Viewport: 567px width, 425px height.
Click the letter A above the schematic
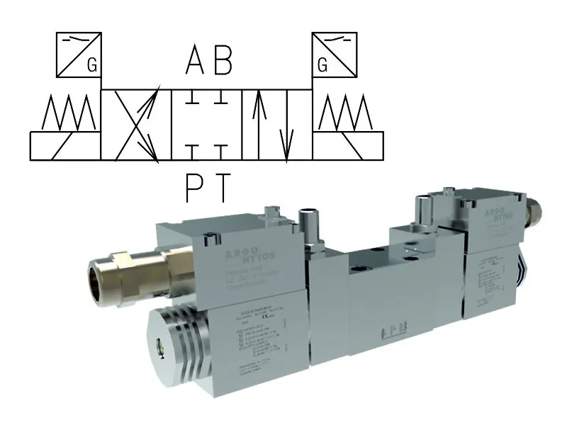click(x=195, y=62)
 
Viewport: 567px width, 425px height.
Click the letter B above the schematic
click(x=222, y=62)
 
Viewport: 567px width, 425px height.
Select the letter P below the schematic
click(x=195, y=188)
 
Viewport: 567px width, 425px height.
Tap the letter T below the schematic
click(x=223, y=188)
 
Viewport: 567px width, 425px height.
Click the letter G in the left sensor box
click(x=91, y=66)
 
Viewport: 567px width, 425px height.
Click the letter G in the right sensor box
click(x=322, y=66)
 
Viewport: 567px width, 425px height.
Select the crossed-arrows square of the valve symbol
click(x=137, y=124)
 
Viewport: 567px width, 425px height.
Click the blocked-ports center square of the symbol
click(x=206, y=124)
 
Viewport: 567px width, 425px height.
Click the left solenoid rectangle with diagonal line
click(x=65, y=145)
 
